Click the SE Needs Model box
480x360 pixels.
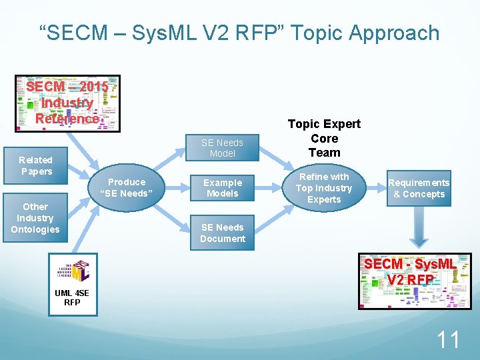[x=222, y=147]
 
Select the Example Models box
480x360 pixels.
[x=222, y=188]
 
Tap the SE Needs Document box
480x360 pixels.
[x=222, y=233]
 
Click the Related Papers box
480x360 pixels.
[x=35, y=165]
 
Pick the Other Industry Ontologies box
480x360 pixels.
[x=35, y=218]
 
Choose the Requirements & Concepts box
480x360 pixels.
[x=419, y=188]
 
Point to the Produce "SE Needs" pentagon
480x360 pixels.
[x=127, y=188]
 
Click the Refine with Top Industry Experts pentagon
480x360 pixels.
[x=325, y=188]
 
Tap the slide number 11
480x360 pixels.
[x=447, y=340]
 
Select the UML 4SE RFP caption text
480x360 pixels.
[x=72, y=297]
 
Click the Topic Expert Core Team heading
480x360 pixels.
[x=324, y=138]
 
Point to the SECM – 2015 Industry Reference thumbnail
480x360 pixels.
[x=67, y=103]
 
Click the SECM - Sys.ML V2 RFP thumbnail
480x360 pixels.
[x=414, y=281]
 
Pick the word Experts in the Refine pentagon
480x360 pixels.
[x=324, y=199]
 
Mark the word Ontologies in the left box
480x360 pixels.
[x=35, y=229]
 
